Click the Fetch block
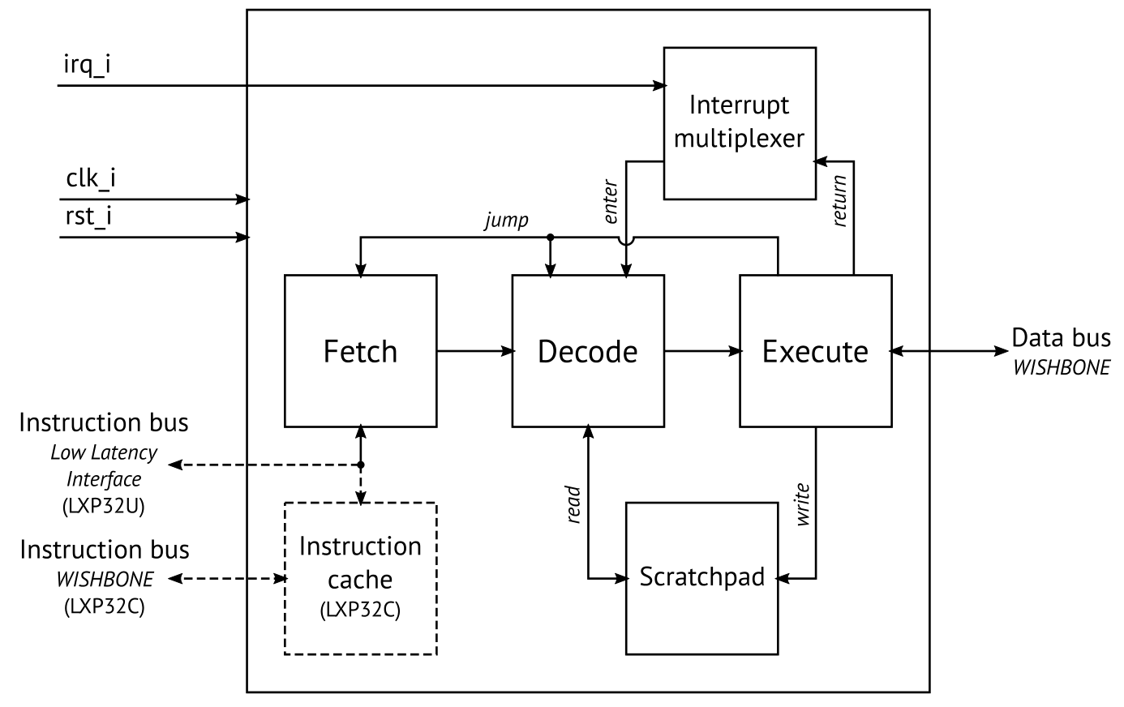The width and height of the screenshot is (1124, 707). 360,351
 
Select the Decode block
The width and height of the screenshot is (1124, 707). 587,351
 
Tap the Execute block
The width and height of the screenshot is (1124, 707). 815,351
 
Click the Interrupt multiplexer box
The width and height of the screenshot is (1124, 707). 739,122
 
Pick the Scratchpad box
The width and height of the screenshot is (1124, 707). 701,578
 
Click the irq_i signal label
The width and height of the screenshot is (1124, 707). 87,64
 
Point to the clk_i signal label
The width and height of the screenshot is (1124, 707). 90,178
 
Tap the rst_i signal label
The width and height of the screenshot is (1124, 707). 88,217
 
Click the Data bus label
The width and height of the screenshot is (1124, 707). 1061,337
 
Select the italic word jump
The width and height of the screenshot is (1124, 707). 506,221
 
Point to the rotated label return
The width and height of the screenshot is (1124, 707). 839,200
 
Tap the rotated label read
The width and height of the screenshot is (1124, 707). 573,504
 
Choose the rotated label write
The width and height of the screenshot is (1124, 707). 802,504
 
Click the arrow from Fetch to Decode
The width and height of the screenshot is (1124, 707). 474,351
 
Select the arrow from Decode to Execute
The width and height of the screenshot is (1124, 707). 702,351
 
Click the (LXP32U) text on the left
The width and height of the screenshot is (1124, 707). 104,505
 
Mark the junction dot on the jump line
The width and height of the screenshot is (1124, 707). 551,238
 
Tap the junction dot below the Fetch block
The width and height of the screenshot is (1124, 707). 360,465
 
